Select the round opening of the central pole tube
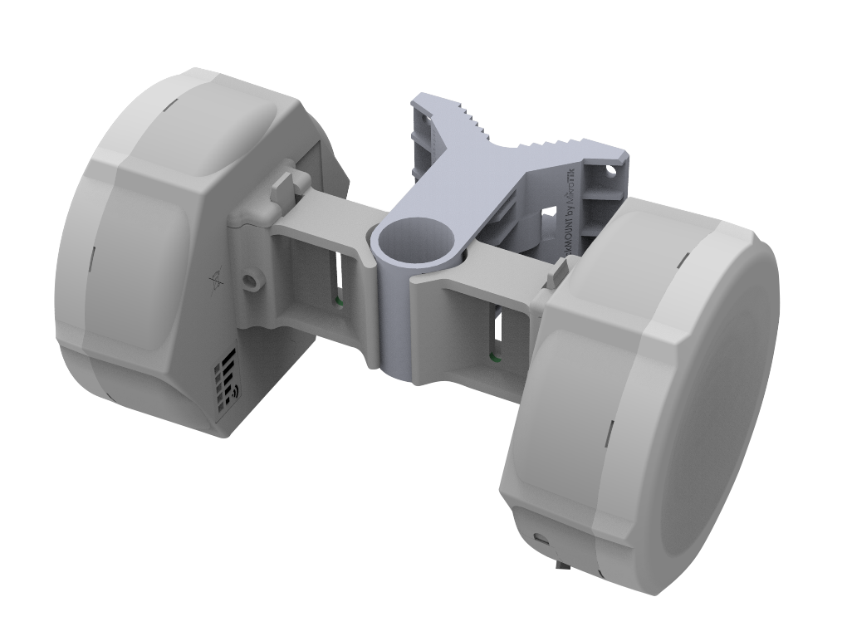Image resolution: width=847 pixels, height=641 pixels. point(416,239)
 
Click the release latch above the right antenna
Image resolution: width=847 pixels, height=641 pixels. point(560,272)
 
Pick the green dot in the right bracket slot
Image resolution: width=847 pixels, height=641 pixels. point(495,358)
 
